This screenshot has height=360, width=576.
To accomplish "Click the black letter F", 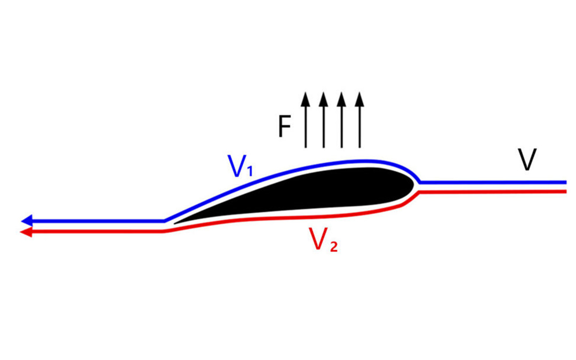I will point(284,128).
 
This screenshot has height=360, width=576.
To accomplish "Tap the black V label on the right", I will point(526,159).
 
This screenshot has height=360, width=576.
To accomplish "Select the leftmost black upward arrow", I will point(305,120).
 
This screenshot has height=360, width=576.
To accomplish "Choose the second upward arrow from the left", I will point(323,120).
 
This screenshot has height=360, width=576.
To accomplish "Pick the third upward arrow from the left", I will point(341,120).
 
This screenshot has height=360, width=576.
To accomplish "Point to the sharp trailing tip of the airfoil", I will point(176,223).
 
